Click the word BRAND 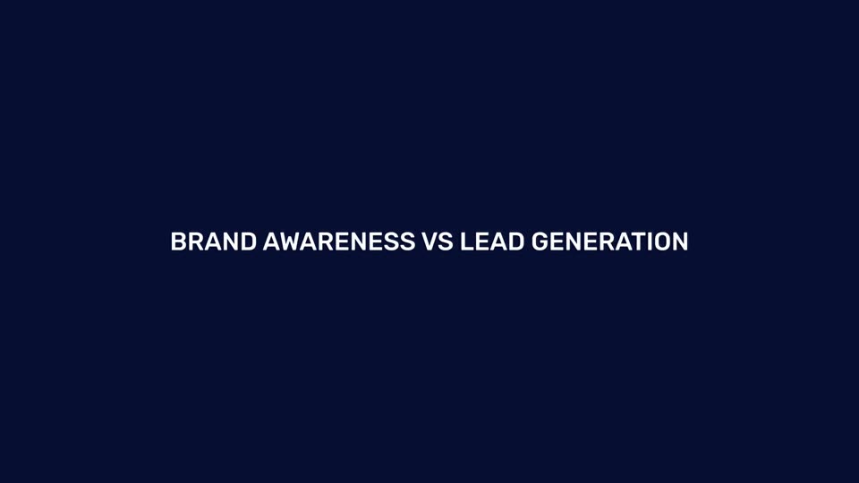[x=214, y=241]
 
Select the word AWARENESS [x=339, y=241]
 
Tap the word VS [x=438, y=241]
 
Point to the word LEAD [x=492, y=241]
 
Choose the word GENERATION [x=609, y=241]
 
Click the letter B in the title [x=179, y=241]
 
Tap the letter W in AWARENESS [x=290, y=241]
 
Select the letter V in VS [x=429, y=241]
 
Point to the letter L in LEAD [x=467, y=241]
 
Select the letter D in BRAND [x=249, y=241]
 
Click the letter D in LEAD [x=516, y=241]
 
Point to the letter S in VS [x=447, y=241]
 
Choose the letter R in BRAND [x=196, y=241]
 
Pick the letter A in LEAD [x=499, y=241]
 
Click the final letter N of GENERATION [x=681, y=241]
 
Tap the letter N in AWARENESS [x=359, y=241]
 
